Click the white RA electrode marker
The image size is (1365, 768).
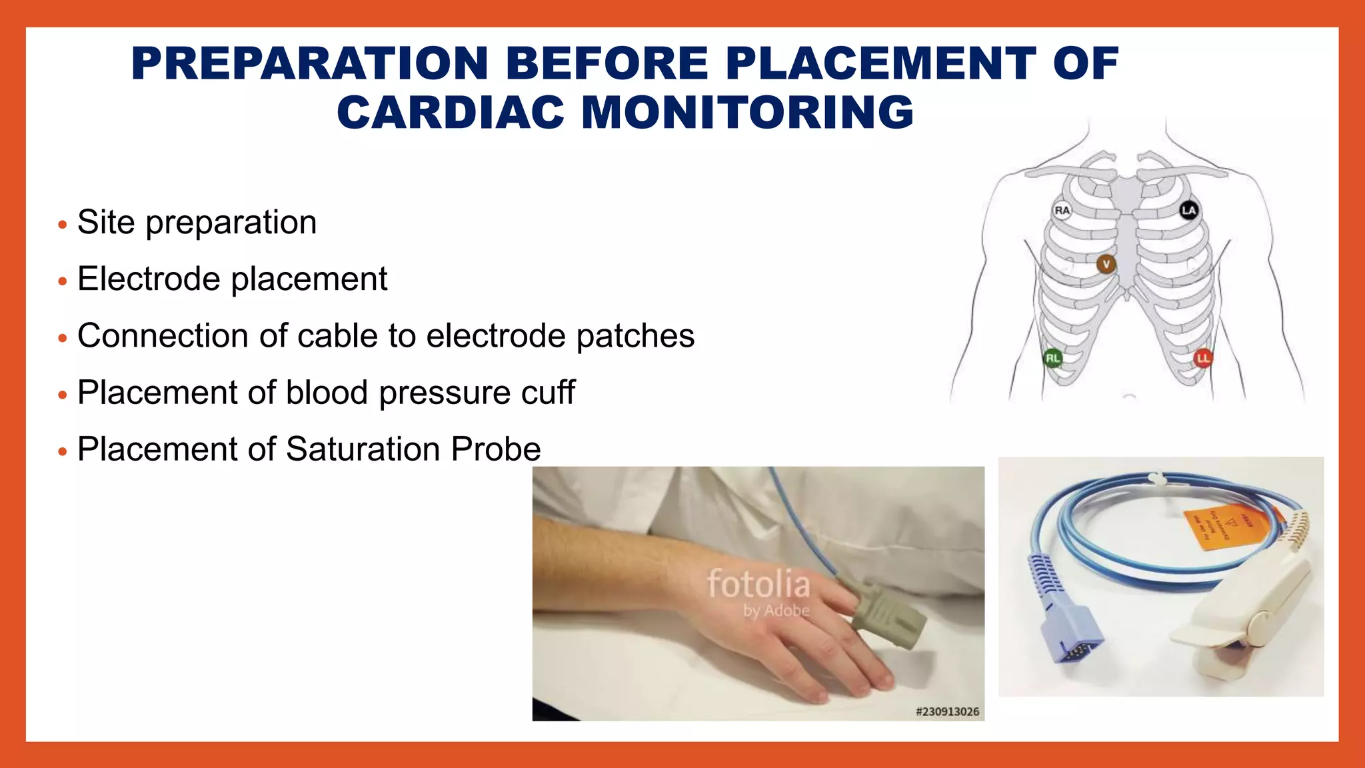1062,211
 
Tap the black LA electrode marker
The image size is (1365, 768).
1188,211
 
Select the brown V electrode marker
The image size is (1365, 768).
1106,264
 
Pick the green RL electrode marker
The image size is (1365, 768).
1052,358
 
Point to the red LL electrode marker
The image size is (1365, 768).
1203,358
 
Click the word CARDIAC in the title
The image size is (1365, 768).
451,112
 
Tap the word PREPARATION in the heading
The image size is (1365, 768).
311,64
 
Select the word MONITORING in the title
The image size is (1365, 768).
747,112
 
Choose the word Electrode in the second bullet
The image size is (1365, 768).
148,279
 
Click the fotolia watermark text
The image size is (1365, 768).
758,584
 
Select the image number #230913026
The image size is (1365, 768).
947,711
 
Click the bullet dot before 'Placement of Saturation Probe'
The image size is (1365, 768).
63,452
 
